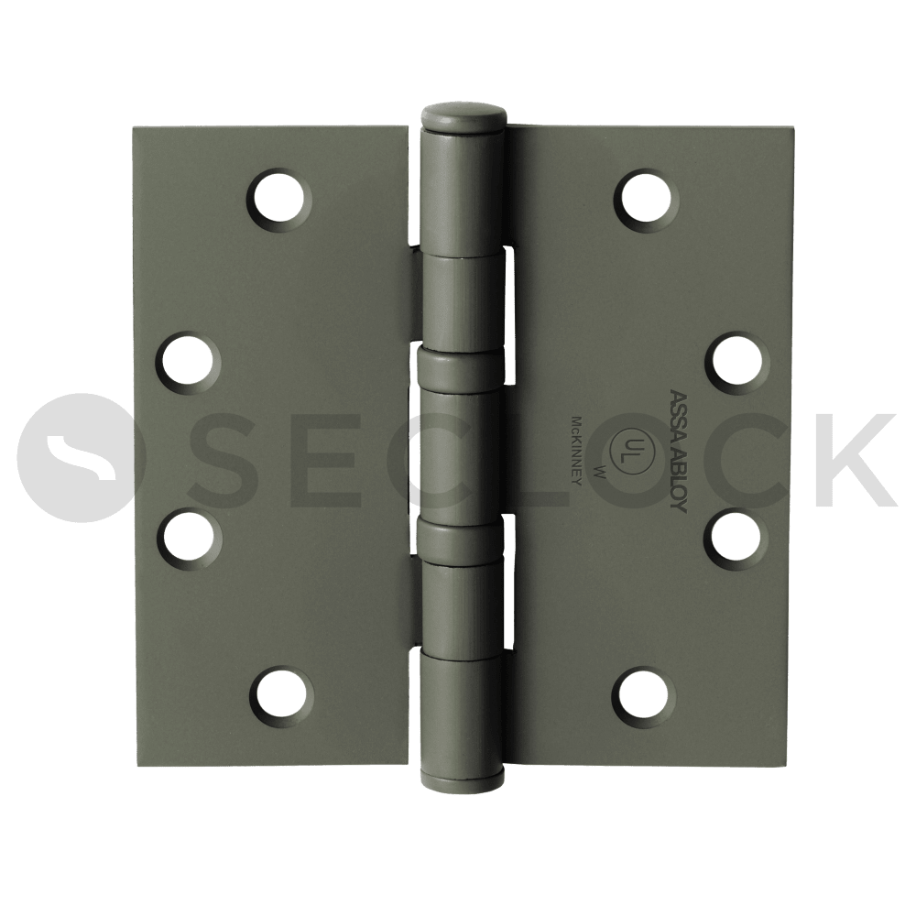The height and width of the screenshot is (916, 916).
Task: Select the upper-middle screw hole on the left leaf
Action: pyautogui.click(x=188, y=360)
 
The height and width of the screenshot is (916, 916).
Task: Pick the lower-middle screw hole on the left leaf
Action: pyautogui.click(x=189, y=537)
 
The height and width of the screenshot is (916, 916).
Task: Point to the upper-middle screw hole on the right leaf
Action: pyautogui.click(x=737, y=360)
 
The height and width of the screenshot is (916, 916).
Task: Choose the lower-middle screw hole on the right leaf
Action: pyautogui.click(x=737, y=537)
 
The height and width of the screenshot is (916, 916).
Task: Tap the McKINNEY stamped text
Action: pyautogui.click(x=575, y=450)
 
